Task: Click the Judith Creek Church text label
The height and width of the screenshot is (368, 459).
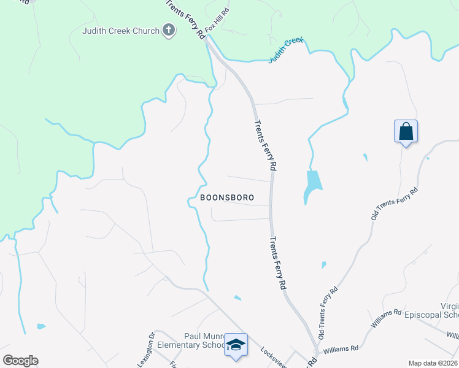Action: tap(121, 31)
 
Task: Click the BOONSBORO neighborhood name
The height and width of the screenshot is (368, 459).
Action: tap(226, 198)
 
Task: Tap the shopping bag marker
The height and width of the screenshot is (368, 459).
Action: tap(406, 132)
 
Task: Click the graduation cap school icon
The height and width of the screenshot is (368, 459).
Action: tap(235, 345)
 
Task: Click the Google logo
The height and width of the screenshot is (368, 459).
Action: tap(20, 361)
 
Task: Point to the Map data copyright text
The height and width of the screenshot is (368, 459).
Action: tap(433, 363)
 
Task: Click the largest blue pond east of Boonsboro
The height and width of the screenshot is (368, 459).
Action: tap(312, 184)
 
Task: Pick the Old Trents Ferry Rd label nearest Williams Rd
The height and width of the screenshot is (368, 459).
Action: tap(328, 312)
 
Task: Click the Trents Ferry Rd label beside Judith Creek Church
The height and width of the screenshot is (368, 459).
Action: tap(185, 20)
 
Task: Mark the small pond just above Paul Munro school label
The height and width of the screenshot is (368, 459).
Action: tap(237, 298)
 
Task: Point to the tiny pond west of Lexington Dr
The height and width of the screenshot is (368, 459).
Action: tap(40, 326)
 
